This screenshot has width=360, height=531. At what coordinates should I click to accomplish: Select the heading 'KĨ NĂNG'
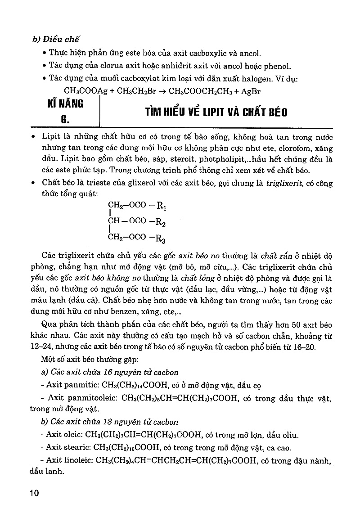(65, 104)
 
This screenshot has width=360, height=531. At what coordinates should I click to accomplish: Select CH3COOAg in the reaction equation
(85, 91)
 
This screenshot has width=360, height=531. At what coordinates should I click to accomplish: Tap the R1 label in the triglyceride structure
(161, 206)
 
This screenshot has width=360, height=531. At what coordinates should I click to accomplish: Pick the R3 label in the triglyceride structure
(161, 238)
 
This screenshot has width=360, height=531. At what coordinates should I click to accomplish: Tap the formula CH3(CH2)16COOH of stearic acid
(126, 447)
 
